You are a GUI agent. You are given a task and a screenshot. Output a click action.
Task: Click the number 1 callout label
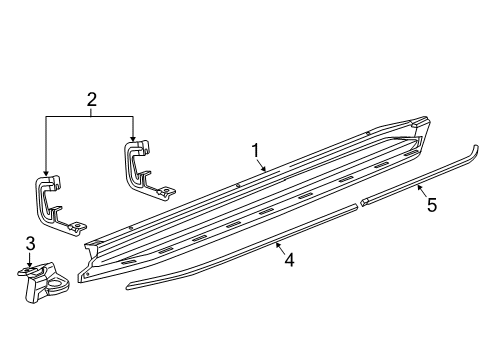[256, 151]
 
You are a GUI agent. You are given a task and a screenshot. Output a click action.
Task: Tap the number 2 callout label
[91, 100]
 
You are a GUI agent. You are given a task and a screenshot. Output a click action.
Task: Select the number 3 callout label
[30, 243]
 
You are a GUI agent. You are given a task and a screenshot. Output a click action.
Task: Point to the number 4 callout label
[288, 261]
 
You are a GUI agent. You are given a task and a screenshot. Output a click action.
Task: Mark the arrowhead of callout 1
[265, 171]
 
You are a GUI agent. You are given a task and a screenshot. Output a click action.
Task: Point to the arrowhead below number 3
[30, 265]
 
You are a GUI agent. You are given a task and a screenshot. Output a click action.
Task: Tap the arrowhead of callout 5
[418, 187]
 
